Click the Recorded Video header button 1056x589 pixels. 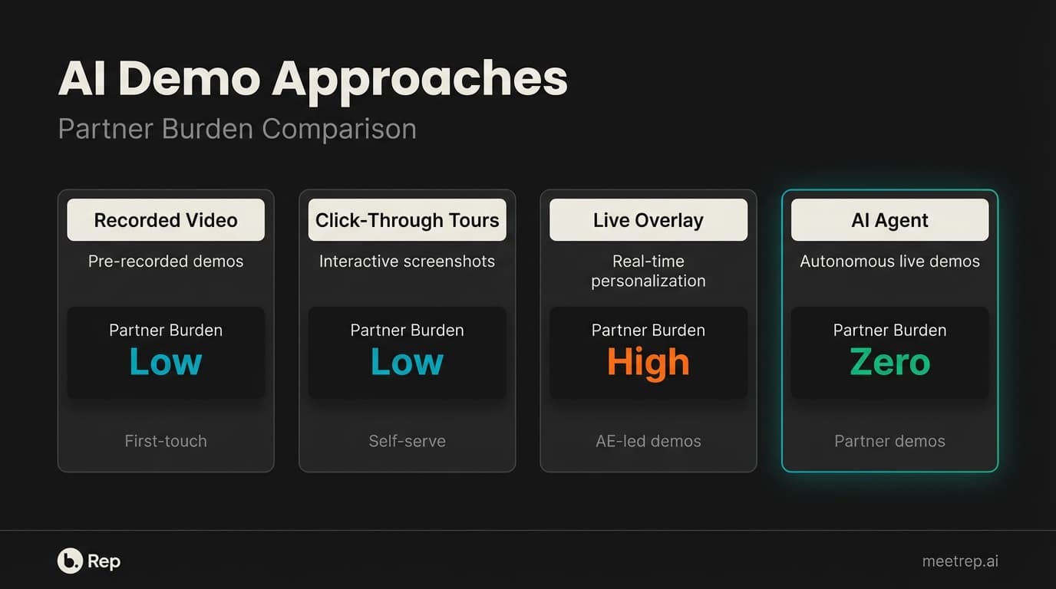pyautogui.click(x=166, y=221)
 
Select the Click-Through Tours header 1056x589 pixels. pyautogui.click(x=407, y=221)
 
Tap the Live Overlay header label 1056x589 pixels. pyautogui.click(x=648, y=221)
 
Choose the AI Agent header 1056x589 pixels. pyautogui.click(x=889, y=221)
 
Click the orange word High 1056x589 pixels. pyautogui.click(x=648, y=363)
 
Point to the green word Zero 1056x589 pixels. pyautogui.click(x=889, y=363)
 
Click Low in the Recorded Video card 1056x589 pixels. pyautogui.click(x=166, y=363)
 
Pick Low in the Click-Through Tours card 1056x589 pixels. pyautogui.click(x=407, y=363)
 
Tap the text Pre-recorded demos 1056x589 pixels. pyautogui.click(x=166, y=262)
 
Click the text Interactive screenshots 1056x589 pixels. pyautogui.click(x=407, y=262)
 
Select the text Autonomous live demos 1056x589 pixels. pyautogui.click(x=889, y=262)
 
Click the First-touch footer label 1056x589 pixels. pyautogui.click(x=166, y=441)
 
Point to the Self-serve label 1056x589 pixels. pyautogui.click(x=407, y=441)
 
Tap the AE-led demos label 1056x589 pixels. pyautogui.click(x=648, y=441)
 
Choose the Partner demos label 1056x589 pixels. pyautogui.click(x=889, y=441)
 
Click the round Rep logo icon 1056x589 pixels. pyautogui.click(x=70, y=561)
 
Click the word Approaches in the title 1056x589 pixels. pyautogui.click(x=420, y=79)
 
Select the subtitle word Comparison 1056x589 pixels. pyautogui.click(x=339, y=129)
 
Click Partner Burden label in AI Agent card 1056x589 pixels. pyautogui.click(x=889, y=331)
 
